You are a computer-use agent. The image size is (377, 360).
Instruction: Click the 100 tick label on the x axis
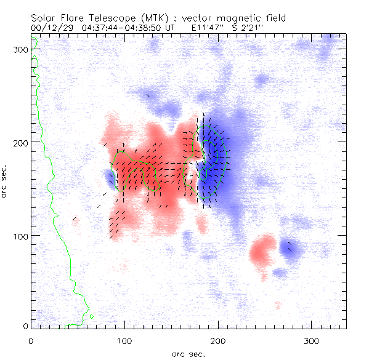click(124, 340)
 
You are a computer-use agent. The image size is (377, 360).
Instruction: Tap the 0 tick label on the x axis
click(31, 340)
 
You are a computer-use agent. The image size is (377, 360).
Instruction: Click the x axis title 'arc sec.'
click(188, 353)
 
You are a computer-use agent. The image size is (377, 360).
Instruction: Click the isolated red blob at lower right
click(264, 249)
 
